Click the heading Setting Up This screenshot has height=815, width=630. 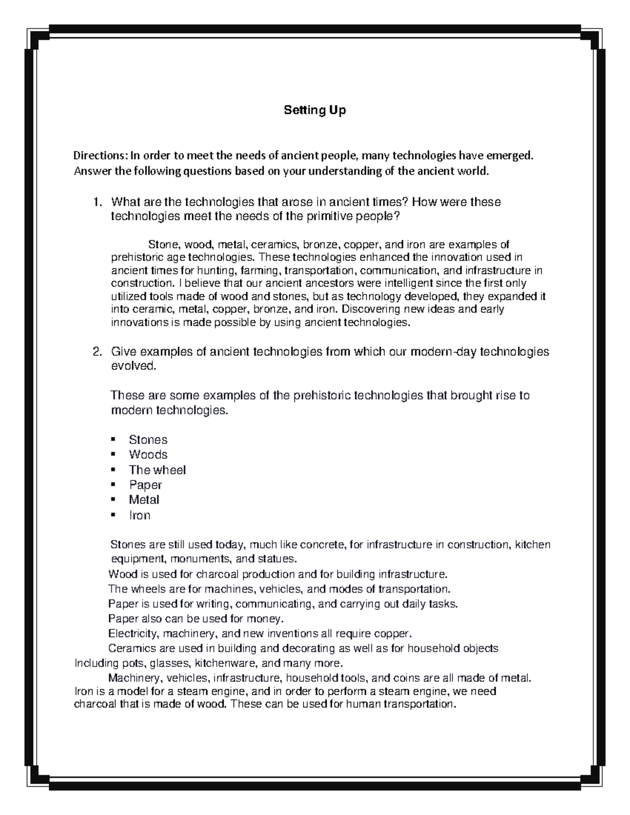coord(314,111)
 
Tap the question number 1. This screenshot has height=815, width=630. coord(96,202)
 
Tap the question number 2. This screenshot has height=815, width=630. coord(96,352)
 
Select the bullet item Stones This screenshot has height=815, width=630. coord(148,440)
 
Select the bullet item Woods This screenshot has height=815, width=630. coord(148,454)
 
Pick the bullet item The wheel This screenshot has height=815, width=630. coord(157,470)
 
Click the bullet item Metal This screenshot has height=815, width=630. coord(144,500)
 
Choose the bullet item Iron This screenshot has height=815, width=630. coord(140,515)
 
